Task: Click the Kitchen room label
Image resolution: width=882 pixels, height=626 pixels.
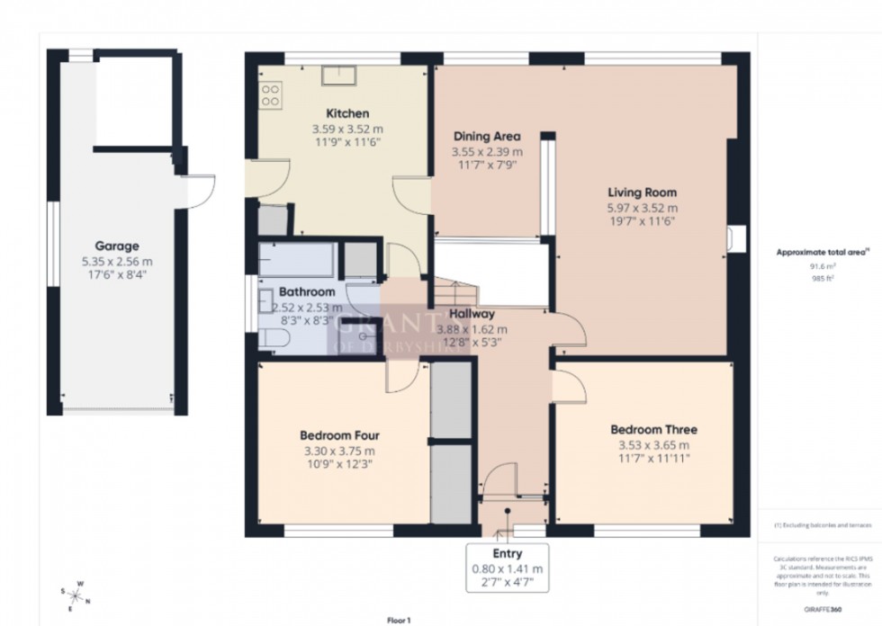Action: [x=346, y=114]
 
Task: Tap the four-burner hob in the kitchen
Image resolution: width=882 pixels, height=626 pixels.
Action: [x=271, y=94]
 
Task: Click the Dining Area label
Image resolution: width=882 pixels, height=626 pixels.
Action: [x=486, y=137]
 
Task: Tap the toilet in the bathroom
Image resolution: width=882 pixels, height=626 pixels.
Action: [x=274, y=337]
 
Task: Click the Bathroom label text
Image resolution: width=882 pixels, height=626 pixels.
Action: [x=307, y=292]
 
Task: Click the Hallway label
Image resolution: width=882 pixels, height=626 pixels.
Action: [x=472, y=314]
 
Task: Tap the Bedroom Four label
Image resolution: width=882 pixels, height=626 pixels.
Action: [x=337, y=436]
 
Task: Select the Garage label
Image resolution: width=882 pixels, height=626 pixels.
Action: [x=117, y=246]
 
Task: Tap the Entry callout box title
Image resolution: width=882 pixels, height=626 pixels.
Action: [x=507, y=554]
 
